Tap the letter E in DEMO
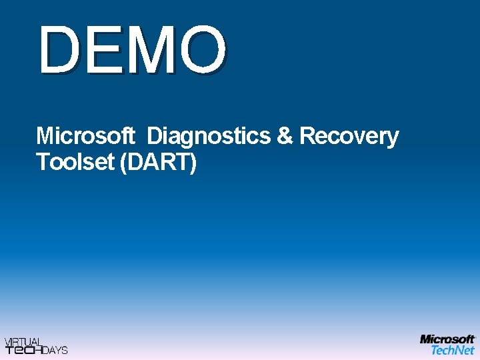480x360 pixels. (x=103, y=50)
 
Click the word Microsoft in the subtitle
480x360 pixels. (x=85, y=136)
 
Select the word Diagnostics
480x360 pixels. (x=209, y=136)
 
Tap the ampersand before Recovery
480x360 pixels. (x=285, y=136)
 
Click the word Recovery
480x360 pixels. (x=349, y=137)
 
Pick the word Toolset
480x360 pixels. (x=75, y=162)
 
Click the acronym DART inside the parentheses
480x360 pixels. (x=157, y=162)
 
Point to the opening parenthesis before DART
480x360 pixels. (x=123, y=163)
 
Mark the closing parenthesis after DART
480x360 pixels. (x=193, y=163)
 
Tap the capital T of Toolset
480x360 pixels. (x=43, y=162)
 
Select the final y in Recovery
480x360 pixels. (x=393, y=139)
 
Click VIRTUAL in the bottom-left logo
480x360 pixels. (x=23, y=341)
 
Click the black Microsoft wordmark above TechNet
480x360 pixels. (x=447, y=339)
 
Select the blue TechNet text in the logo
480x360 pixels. (x=453, y=349)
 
